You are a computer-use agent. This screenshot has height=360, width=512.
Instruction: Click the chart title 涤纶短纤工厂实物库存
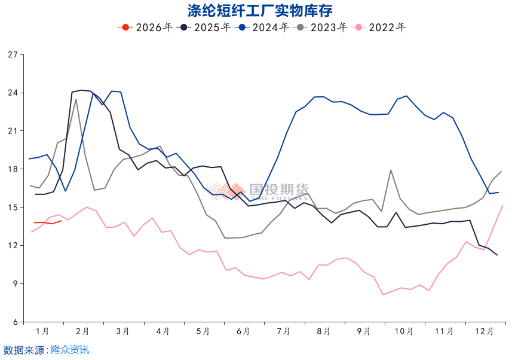[x=255, y=10]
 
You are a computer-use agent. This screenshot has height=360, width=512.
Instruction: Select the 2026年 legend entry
[x=147, y=27]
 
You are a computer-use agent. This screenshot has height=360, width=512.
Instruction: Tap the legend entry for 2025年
[x=205, y=27]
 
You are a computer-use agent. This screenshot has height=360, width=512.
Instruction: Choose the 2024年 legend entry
[x=263, y=27]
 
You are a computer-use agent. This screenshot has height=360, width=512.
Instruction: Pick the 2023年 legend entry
[x=321, y=27]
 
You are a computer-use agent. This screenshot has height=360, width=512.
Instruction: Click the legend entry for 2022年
[x=380, y=27]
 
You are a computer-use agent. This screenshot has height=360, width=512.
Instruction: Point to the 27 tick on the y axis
[x=13, y=55]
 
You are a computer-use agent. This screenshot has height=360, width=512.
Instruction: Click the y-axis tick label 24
[x=13, y=93]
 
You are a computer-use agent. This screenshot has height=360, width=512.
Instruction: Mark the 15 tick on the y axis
[x=13, y=208]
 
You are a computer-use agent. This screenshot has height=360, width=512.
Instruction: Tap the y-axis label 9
[x=15, y=284]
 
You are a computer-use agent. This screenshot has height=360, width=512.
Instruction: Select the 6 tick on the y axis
[x=15, y=322]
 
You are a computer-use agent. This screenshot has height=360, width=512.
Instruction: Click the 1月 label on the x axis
[x=42, y=331]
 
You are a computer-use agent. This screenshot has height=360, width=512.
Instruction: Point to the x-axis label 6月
[x=243, y=331]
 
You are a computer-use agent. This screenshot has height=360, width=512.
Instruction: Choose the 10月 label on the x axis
[x=404, y=331]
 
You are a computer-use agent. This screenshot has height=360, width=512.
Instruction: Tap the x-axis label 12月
[x=484, y=331]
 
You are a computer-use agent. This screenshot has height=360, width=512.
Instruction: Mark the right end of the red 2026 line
[x=61, y=221]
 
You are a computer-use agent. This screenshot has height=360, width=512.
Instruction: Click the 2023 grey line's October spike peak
[x=391, y=170]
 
